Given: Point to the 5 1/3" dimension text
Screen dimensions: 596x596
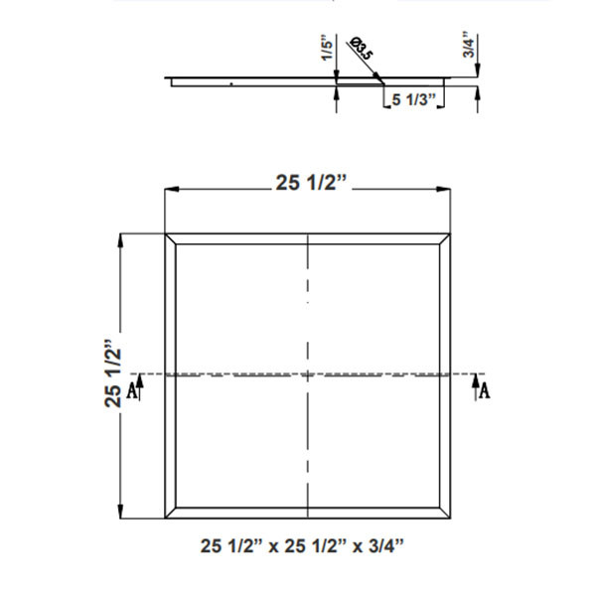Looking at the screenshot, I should [415, 98].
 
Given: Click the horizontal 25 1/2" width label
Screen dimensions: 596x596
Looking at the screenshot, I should [310, 181].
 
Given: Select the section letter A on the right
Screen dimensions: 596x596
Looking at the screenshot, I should [484, 390].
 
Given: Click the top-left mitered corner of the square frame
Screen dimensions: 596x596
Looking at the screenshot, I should [170, 240].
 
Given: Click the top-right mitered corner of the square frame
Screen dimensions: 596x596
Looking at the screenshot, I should [447, 240].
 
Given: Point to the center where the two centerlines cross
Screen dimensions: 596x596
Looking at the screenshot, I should [309, 375].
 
